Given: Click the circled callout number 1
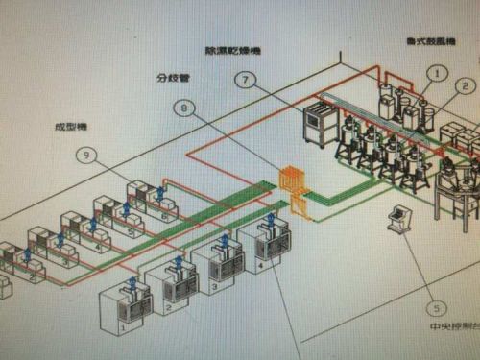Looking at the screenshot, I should [x=438, y=72].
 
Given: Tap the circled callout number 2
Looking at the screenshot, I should [x=466, y=86].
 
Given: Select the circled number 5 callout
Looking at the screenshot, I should [x=438, y=308].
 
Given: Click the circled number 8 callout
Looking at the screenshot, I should [x=184, y=109].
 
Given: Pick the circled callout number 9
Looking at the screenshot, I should [x=87, y=154].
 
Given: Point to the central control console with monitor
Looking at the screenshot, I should [x=395, y=219].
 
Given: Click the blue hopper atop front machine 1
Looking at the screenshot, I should [x=132, y=283].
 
